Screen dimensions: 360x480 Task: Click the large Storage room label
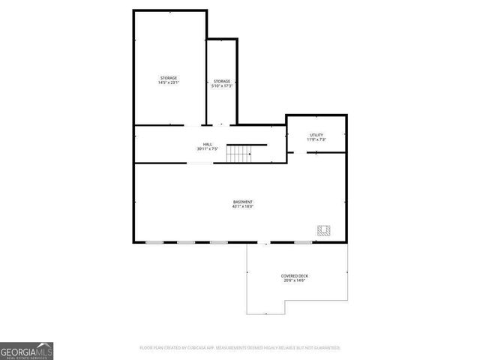[168, 78]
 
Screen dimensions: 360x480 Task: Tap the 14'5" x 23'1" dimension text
[168, 83]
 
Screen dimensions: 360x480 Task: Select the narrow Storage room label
[221, 81]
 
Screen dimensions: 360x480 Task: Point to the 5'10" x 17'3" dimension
[221, 86]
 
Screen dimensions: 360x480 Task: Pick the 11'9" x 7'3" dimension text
[316, 139]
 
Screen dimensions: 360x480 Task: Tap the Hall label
[207, 144]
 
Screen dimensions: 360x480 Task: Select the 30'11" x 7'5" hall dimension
[207, 149]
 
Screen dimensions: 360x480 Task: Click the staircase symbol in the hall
[239, 154]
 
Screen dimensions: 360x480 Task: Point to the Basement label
[243, 202]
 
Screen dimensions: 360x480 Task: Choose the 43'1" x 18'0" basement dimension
[243, 207]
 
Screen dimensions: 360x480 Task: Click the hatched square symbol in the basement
[324, 231]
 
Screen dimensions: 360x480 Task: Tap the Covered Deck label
[295, 275]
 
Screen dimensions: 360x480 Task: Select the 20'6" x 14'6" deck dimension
[295, 280]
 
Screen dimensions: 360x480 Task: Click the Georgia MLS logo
[25, 350]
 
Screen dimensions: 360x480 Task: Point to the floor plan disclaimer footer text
[240, 348]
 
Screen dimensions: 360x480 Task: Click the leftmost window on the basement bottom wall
[154, 242]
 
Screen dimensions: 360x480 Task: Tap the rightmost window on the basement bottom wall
[303, 242]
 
